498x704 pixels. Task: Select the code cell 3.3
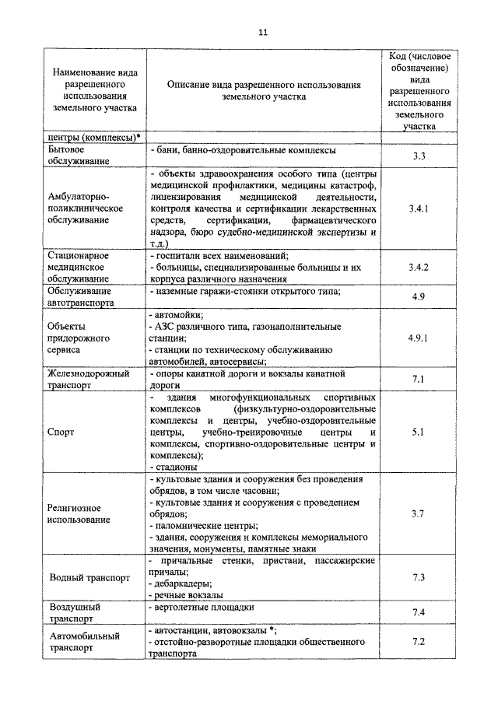(x=419, y=156)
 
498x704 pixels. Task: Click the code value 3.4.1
(x=419, y=209)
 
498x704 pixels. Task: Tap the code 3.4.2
(x=419, y=267)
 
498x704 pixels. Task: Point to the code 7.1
(x=419, y=378)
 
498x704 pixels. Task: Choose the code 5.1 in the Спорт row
(x=419, y=432)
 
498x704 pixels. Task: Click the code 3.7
(x=419, y=513)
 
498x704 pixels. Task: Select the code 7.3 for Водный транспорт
(x=419, y=577)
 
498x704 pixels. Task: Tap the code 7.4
(x=419, y=613)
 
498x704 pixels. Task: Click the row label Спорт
(x=61, y=432)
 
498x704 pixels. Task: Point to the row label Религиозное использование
(x=78, y=513)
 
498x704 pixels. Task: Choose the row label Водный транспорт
(x=89, y=579)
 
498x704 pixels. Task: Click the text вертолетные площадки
(x=202, y=606)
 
